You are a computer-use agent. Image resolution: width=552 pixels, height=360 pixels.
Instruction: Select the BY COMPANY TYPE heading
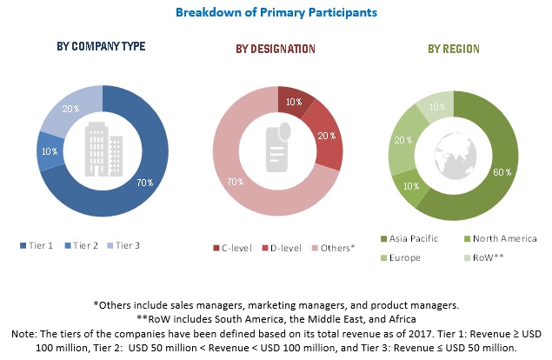[x=102, y=46]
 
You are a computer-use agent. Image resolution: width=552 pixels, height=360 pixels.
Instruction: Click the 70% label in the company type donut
[x=145, y=183]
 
